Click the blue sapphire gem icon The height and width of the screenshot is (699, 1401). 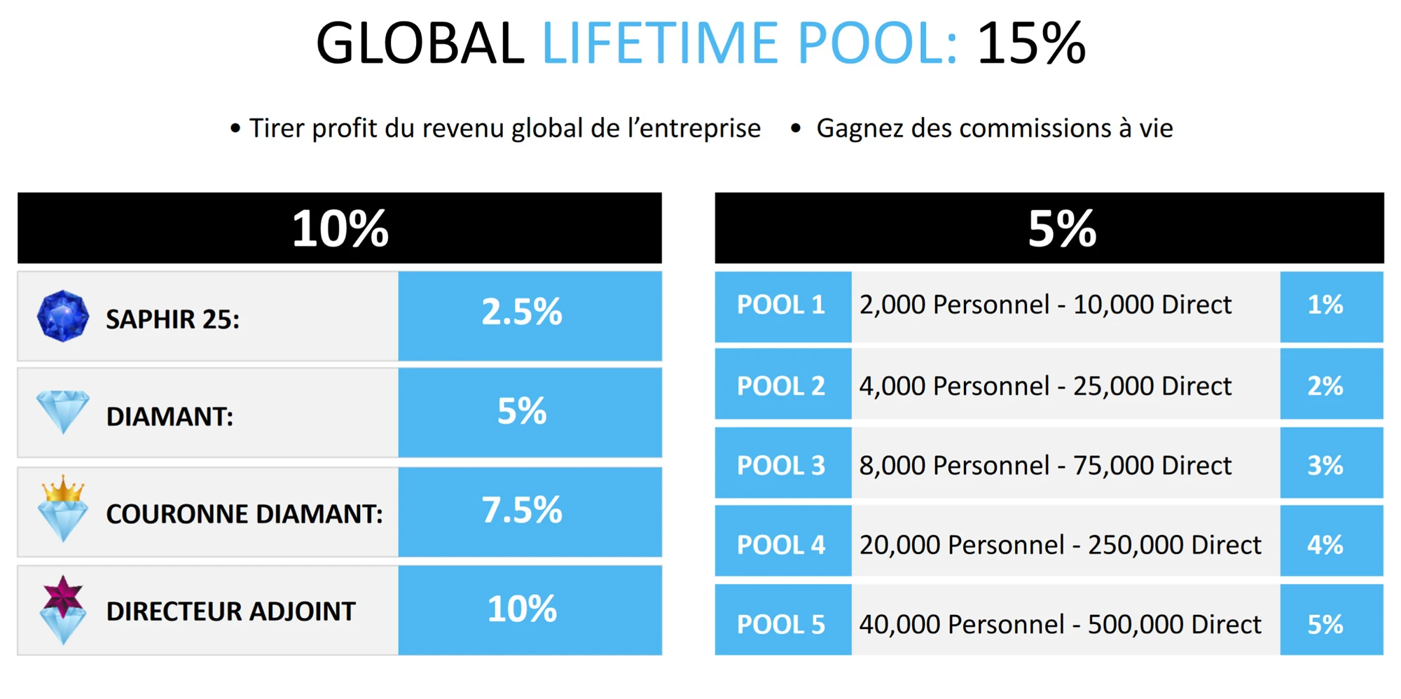coord(63,316)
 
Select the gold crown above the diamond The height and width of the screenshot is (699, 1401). coord(63,489)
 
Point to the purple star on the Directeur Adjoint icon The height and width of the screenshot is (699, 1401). coord(63,596)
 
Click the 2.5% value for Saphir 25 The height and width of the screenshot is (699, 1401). coord(522,312)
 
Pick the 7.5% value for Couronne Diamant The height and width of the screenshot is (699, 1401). coord(522,510)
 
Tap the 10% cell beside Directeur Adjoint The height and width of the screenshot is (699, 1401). coord(522,609)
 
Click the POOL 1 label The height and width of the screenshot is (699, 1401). coord(781,305)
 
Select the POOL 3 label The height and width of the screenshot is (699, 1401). coord(781,466)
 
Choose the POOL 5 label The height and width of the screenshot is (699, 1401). coord(781,625)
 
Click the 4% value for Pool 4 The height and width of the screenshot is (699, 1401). coord(1325,545)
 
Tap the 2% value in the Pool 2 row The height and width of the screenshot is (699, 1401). coord(1325,386)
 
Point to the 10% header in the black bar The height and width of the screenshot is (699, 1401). coord(340,228)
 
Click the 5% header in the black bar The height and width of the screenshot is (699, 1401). coord(1062,228)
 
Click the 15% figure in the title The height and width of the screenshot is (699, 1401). coord(1031,43)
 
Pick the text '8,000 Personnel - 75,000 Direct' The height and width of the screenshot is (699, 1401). coord(1045,466)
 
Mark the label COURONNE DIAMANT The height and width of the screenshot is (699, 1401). coord(244,514)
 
